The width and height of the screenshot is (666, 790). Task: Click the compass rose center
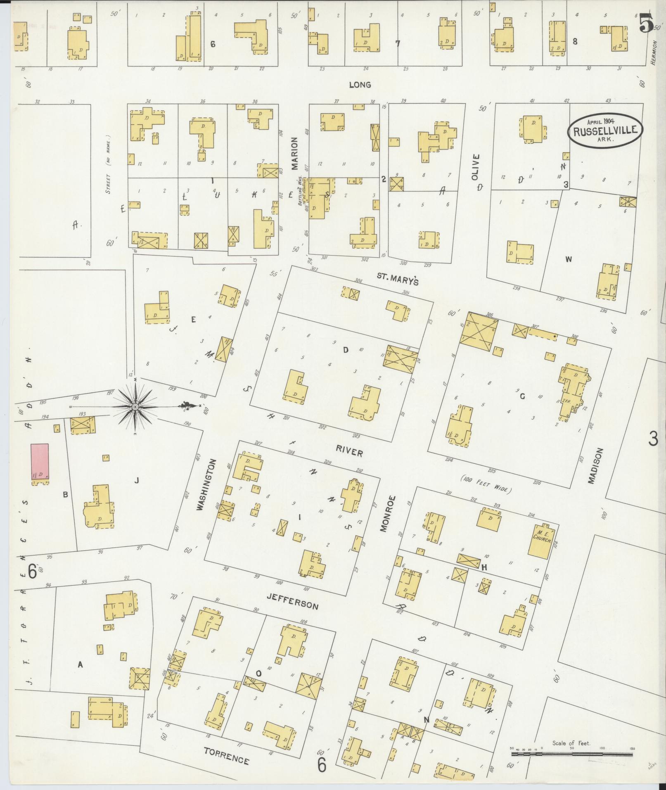[135, 407]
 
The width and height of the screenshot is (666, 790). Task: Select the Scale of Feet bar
[572, 754]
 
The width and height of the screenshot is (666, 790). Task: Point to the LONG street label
[360, 85]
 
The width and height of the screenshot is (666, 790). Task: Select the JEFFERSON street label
[292, 601]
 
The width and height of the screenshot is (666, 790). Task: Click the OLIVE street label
[476, 167]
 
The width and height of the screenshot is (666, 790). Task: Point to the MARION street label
[294, 154]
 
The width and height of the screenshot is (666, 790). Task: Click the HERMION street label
[654, 52]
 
